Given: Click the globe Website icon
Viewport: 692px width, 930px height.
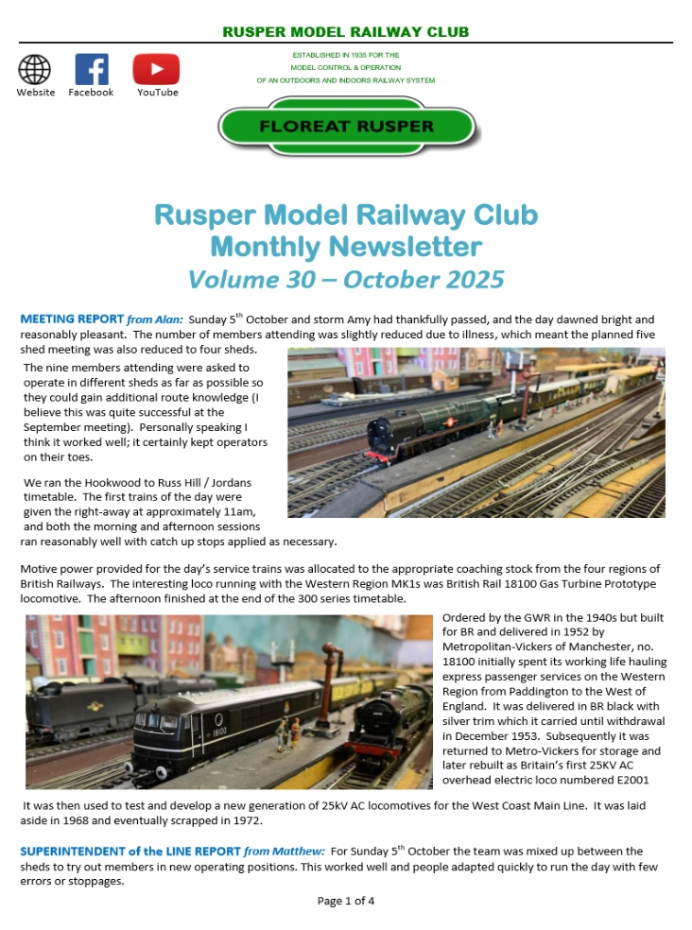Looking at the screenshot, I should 35,69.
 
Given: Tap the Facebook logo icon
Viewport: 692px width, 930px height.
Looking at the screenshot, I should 91,69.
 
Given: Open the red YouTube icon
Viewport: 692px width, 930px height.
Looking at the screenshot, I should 156,69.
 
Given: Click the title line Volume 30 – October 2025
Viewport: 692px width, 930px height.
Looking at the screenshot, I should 346,280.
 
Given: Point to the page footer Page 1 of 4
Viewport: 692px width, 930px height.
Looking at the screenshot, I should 346,901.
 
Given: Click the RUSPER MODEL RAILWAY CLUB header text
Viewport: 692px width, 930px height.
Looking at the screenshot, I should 346,32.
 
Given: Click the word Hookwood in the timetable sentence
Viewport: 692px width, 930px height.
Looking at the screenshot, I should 112,483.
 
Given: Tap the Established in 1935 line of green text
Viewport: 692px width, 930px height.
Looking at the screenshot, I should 346,56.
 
